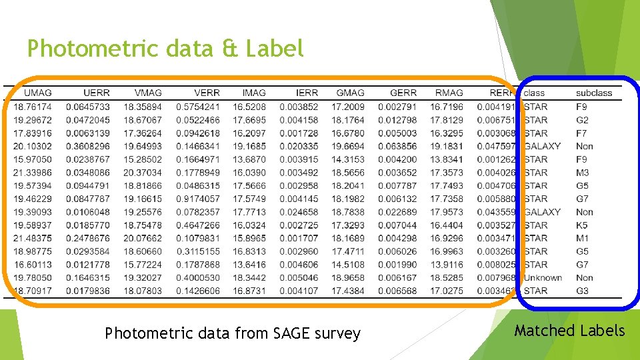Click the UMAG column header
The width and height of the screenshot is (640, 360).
37,93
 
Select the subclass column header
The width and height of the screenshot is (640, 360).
594,93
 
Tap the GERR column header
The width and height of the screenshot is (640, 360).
403,93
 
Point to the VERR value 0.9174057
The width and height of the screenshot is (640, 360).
198,199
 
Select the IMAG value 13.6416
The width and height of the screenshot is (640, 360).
249,265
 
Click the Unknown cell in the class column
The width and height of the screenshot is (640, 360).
543,278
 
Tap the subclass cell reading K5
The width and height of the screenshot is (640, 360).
582,225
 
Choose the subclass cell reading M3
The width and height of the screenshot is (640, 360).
583,173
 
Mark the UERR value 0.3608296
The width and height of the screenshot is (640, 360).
88,146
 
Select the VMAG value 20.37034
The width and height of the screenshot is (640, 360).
143,173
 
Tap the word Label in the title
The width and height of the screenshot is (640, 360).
275,48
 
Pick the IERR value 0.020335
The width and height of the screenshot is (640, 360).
299,146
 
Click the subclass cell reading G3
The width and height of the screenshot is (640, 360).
582,291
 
